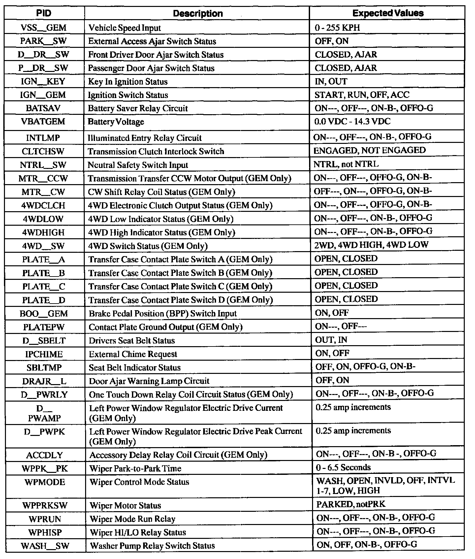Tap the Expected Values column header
click(x=388, y=13)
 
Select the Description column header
click(x=198, y=14)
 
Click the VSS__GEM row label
click(x=44, y=28)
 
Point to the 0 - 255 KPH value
click(x=337, y=28)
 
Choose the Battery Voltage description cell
click(x=116, y=122)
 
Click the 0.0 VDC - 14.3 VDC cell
click(x=352, y=121)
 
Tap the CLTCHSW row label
click(x=43, y=151)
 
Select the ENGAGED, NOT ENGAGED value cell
click(x=369, y=150)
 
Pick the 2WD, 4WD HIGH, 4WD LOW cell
click(x=371, y=245)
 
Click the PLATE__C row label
click(x=44, y=286)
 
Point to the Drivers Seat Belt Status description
click(x=132, y=341)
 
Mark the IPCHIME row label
click(x=44, y=354)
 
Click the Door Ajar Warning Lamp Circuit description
click(x=149, y=381)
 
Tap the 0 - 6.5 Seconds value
click(x=343, y=468)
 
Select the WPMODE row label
click(x=45, y=482)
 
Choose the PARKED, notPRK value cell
click(x=351, y=504)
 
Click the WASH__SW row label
click(x=45, y=545)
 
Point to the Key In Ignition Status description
click(x=128, y=82)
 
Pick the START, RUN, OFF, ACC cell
click(x=362, y=95)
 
